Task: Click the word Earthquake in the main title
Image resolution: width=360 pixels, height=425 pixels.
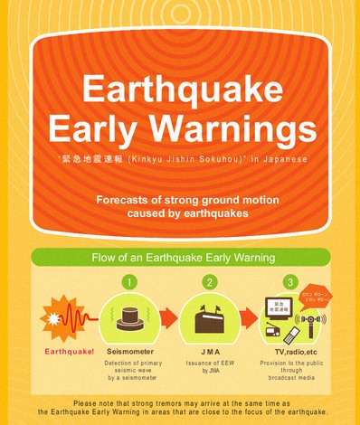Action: pyautogui.click(x=177, y=90)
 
